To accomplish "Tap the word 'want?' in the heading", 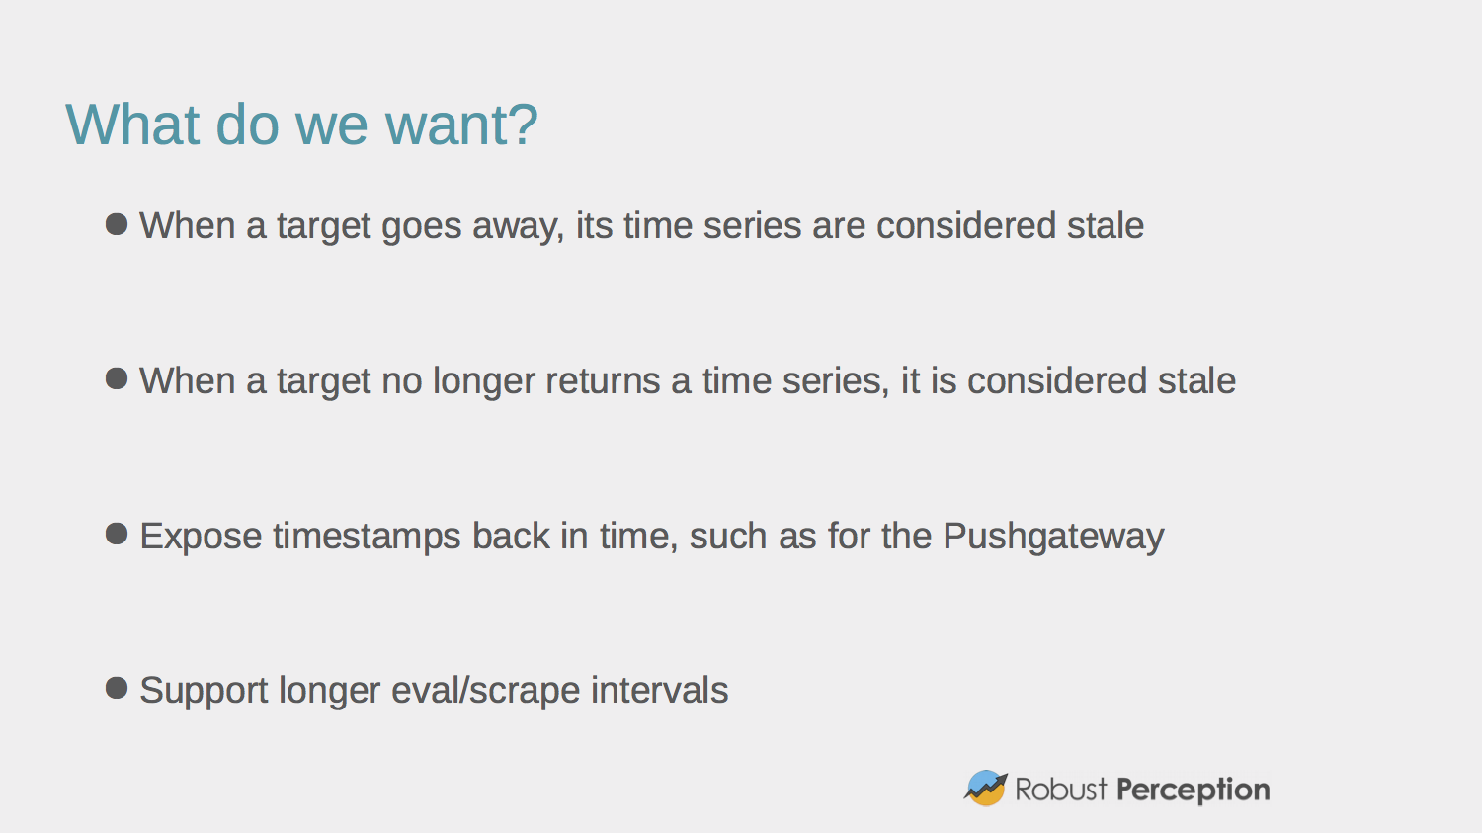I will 461,125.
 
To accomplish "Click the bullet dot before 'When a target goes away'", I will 117,224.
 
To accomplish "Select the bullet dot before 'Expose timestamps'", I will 117,535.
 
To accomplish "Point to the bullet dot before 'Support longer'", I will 117,688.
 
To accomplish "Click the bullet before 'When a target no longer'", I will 117,378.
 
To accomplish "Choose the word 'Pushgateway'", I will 1053,537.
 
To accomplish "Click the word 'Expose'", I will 201,537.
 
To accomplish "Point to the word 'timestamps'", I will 367,537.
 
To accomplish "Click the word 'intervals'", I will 659,691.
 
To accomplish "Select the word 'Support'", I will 204,691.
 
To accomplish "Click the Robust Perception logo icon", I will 985,789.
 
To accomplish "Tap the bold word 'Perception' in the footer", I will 1193,790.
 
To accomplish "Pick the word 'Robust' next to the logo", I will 1061,790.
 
